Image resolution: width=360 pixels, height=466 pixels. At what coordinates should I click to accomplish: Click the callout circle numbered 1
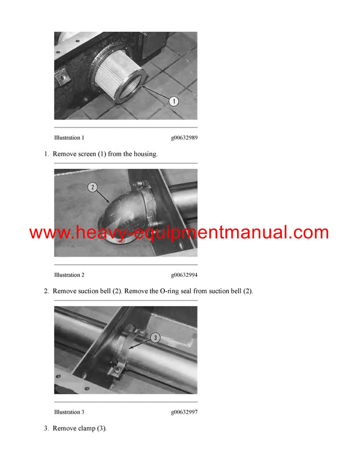point(173,101)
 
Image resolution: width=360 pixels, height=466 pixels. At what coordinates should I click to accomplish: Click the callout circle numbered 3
point(155,337)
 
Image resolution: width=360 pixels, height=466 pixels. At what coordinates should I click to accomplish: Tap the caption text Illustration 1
point(69,138)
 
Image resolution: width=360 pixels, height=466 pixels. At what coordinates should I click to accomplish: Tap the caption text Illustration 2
point(69,275)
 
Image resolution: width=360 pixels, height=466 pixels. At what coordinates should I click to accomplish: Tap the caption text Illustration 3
point(69,412)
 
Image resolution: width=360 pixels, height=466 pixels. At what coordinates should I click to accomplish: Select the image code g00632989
point(184,138)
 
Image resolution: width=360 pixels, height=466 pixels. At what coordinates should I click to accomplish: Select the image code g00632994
point(184,275)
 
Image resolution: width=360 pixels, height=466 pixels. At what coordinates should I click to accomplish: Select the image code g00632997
point(184,412)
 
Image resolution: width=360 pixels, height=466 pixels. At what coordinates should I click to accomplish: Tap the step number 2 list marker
point(46,291)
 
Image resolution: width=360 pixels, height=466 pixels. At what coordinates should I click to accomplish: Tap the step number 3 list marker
point(46,428)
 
